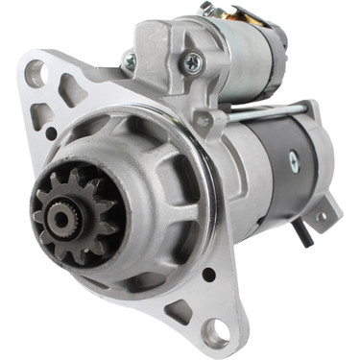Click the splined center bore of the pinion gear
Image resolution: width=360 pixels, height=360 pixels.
[x=63, y=218]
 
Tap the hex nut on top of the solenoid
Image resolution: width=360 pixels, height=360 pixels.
[x=206, y=10]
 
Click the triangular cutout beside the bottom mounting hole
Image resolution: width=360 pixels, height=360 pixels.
[x=179, y=312]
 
